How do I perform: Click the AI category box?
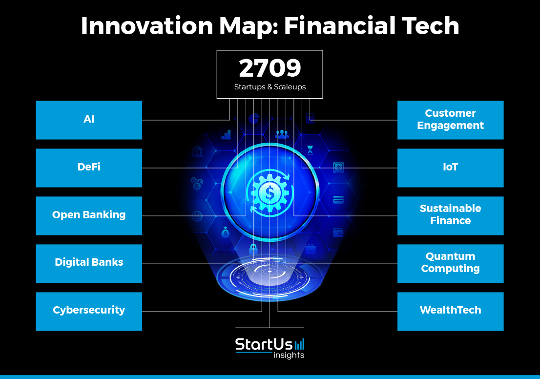(89, 120)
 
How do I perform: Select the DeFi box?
(89, 168)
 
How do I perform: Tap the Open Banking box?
(89, 216)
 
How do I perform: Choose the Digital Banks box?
(89, 264)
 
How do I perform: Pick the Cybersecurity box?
(89, 312)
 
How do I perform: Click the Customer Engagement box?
(451, 120)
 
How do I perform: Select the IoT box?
(451, 168)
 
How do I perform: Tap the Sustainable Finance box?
(451, 216)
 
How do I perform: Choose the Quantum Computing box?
(451, 264)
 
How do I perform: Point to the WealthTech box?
(451, 312)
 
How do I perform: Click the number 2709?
(270, 68)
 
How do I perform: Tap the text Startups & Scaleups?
(270, 87)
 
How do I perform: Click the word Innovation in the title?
(147, 26)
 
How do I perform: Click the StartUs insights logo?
(270, 348)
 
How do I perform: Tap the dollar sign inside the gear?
(270, 193)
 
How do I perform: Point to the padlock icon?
(253, 249)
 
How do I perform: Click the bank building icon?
(197, 150)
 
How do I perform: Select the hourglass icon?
(311, 150)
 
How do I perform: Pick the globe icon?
(197, 216)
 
